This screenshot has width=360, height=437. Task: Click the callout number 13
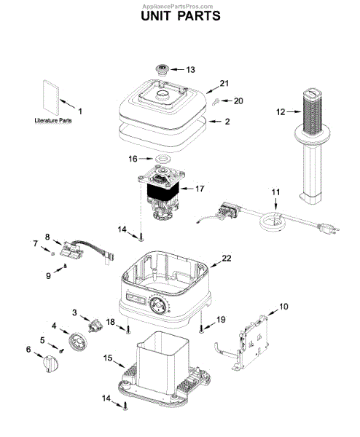(190, 70)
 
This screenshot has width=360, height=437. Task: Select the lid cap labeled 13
(162, 69)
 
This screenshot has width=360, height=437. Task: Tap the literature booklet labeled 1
(51, 98)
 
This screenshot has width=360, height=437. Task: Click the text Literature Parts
(53, 120)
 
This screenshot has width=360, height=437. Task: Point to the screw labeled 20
(215, 102)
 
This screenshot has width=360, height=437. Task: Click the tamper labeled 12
(312, 145)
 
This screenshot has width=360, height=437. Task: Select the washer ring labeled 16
(162, 159)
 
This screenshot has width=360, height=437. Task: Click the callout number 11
(275, 192)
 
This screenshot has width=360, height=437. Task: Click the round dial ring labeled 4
(77, 341)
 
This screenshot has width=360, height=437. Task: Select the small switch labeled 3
(95, 326)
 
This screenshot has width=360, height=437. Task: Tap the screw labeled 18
(128, 330)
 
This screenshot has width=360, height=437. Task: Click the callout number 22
(227, 259)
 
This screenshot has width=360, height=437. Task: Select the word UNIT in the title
(155, 16)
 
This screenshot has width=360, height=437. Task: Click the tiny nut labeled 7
(52, 253)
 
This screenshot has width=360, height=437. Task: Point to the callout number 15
(108, 358)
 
